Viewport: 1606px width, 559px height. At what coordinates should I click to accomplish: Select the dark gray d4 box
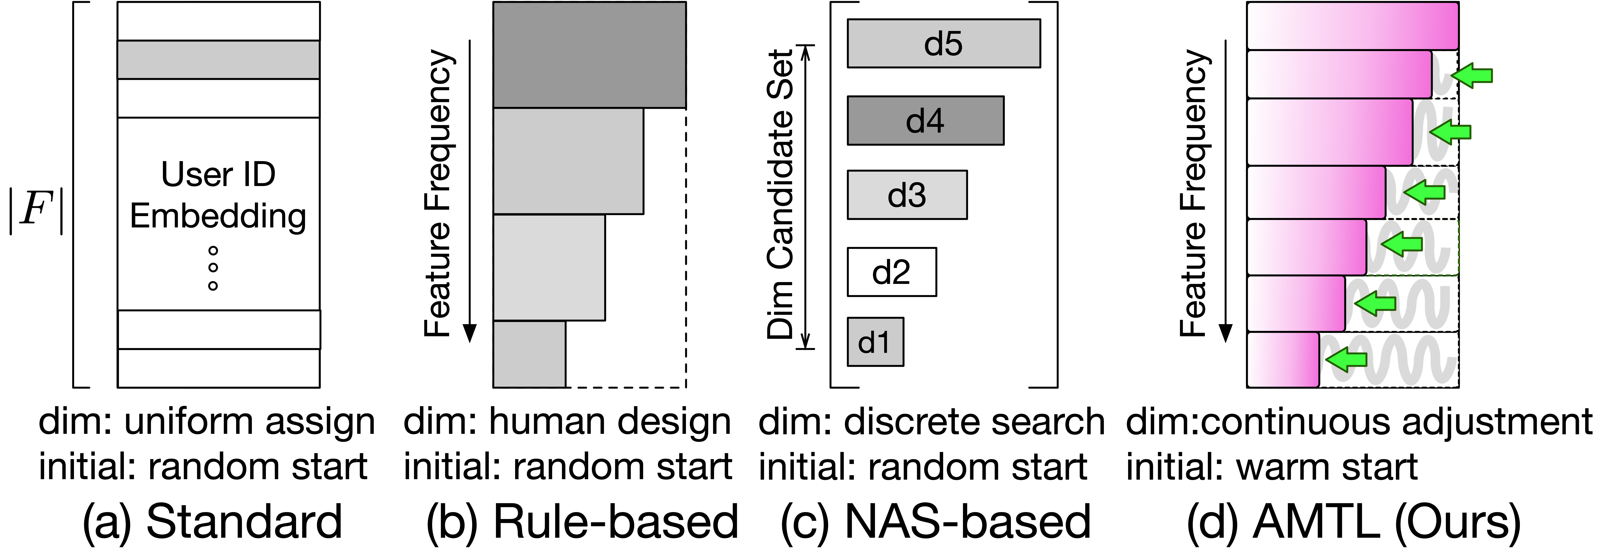click(x=925, y=120)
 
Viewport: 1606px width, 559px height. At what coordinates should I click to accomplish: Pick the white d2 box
click(x=892, y=272)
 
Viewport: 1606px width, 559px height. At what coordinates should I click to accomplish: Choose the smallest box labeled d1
click(x=875, y=342)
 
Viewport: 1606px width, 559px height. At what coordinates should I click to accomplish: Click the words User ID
click(x=218, y=174)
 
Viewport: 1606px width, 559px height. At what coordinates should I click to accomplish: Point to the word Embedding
click(x=218, y=216)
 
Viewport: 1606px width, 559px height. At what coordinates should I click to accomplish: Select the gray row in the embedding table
click(x=218, y=60)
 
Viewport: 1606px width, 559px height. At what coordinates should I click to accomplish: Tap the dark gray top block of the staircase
click(x=589, y=55)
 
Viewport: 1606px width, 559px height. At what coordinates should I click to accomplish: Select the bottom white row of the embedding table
click(x=218, y=368)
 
